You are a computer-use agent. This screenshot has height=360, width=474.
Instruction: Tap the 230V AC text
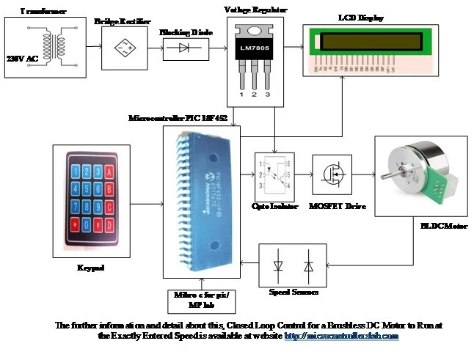[21, 57]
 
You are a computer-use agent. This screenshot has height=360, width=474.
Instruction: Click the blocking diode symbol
[183, 49]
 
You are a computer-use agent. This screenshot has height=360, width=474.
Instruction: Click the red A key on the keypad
[109, 172]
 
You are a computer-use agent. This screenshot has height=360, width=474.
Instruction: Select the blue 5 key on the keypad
[88, 188]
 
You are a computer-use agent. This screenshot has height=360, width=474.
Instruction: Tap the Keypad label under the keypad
[91, 268]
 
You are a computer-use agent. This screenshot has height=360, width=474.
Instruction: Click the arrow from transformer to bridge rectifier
[92, 48]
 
